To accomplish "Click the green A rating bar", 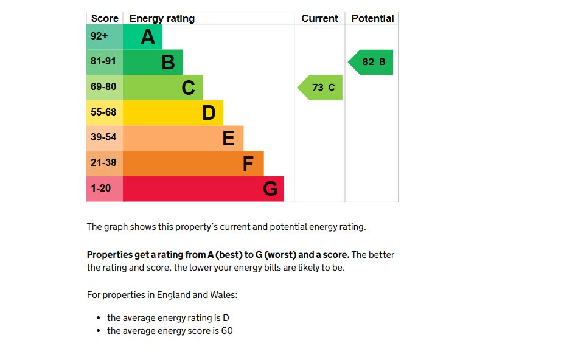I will [143, 37].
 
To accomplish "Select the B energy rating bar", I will [153, 62].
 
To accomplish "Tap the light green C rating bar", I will [163, 88].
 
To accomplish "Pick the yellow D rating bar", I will [173, 112].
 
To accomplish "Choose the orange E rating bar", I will [183, 138].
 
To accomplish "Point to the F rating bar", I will [193, 164].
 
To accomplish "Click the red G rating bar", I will [203, 189].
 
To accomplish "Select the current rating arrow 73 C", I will [321, 88].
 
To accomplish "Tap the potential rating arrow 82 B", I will [372, 62].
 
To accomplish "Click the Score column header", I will [105, 18].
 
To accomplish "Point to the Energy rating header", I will [162, 18].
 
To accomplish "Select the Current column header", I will [319, 18].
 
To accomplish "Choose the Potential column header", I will [372, 18].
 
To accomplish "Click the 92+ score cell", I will [99, 36].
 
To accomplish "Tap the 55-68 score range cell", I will [103, 112].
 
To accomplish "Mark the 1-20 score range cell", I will [101, 189].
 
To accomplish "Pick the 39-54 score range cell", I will [103, 138].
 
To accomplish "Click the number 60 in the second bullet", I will [227, 331].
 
